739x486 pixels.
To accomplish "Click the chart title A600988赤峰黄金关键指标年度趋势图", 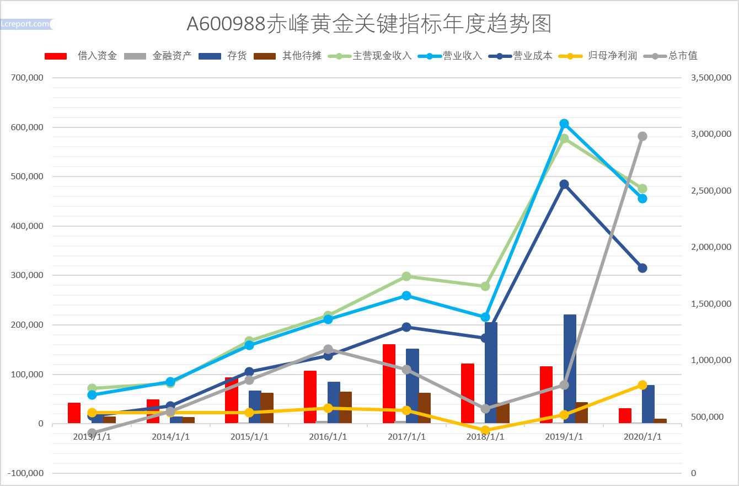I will point(369,24).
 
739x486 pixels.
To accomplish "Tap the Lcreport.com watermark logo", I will point(26,24).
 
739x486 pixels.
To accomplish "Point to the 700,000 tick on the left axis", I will point(27,78).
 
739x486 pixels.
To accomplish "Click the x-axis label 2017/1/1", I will point(406,436).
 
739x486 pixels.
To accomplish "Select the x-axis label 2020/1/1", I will point(642,436).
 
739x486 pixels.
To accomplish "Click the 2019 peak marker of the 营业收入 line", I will point(564,124).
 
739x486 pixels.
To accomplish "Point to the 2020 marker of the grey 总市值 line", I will point(642,136).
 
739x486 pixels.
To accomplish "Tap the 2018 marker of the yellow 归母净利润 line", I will point(485,430).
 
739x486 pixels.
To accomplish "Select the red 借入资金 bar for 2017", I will point(389,384).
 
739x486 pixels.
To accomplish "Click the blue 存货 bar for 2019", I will point(570,368).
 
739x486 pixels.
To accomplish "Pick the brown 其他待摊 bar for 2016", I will point(346,407).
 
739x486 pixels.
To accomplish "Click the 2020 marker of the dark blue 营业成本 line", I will point(642,268).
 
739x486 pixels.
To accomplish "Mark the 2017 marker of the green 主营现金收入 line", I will point(406,276).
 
